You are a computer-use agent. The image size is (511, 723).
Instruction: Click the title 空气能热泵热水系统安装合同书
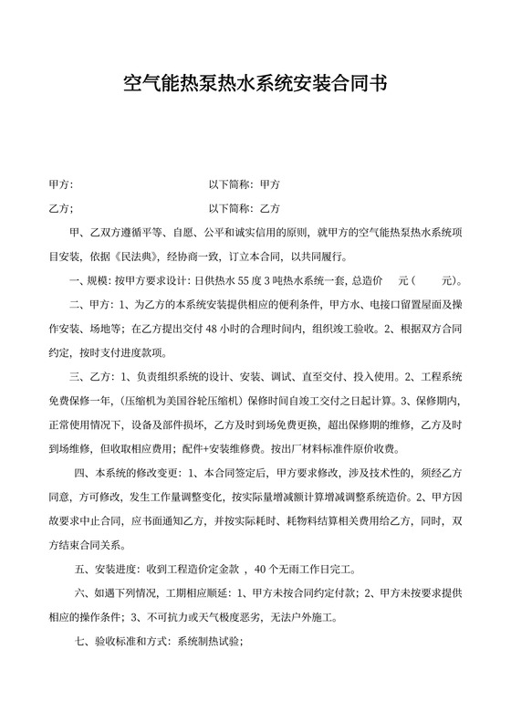[255, 85]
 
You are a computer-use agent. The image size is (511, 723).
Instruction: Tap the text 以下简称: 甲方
[245, 183]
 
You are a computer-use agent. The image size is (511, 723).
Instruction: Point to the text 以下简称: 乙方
[245, 208]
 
